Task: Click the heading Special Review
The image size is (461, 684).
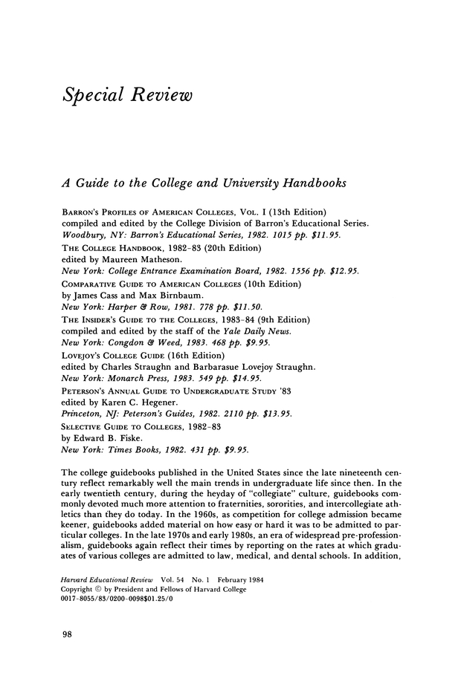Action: (127, 96)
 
